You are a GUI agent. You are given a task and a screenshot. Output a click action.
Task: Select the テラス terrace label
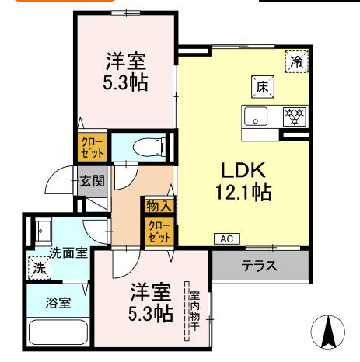(x=259, y=266)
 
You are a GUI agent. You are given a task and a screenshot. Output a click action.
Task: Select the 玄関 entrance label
(x=91, y=182)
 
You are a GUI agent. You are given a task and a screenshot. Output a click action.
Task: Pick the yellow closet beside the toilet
(x=90, y=148)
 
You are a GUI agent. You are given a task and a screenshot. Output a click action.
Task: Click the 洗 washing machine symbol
(x=39, y=268)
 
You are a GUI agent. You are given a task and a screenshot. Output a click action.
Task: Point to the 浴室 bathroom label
(x=57, y=303)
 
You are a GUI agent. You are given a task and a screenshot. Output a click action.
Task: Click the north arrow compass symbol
(x=327, y=332)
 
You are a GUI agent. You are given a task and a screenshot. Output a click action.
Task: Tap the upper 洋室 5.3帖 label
(x=127, y=70)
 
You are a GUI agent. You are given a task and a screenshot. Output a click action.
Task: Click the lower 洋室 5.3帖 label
(x=150, y=303)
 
